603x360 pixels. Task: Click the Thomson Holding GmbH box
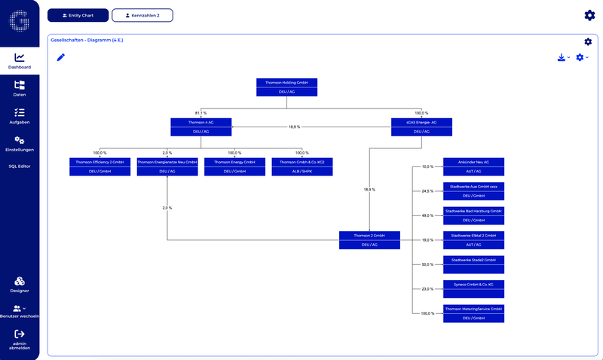pos(286,87)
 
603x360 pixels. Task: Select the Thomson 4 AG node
pos(200,126)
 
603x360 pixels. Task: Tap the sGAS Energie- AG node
pos(422,126)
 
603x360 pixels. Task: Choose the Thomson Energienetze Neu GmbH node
pos(167,166)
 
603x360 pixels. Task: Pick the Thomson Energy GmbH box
pos(234,166)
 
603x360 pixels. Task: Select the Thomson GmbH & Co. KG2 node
pos(301,166)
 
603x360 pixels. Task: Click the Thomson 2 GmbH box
pos(369,239)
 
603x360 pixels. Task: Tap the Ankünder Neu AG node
pos(473,166)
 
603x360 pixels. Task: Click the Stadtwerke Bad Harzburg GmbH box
pos(473,215)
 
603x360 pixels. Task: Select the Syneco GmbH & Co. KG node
pos(473,289)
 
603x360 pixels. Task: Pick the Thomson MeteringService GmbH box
pos(473,313)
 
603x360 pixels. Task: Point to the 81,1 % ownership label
pos(200,113)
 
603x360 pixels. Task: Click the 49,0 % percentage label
pos(427,215)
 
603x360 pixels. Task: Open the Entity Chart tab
pos(78,15)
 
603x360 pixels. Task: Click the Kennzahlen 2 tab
pos(142,15)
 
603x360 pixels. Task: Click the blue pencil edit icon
pos(61,57)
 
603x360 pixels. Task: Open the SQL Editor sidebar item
pos(20,166)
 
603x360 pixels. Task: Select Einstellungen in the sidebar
pos(20,143)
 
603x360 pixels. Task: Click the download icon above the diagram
pos(561,57)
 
